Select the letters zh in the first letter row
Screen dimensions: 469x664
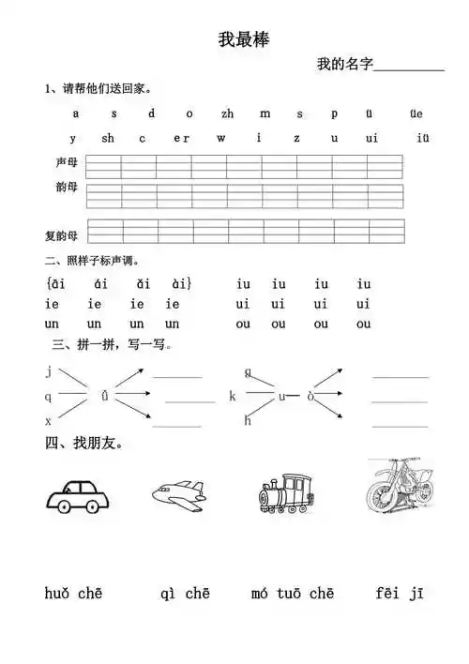(x=227, y=113)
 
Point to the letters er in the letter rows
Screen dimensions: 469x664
(x=181, y=138)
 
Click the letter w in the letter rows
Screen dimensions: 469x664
(x=221, y=138)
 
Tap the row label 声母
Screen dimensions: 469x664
(x=66, y=163)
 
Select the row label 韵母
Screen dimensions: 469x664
(x=66, y=188)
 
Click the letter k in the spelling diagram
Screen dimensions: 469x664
(x=233, y=397)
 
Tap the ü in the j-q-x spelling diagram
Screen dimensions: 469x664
(x=104, y=397)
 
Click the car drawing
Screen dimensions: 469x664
(x=74, y=495)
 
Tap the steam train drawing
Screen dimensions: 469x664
(x=285, y=491)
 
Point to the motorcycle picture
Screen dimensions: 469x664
(x=399, y=487)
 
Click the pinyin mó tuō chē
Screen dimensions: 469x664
(x=293, y=593)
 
